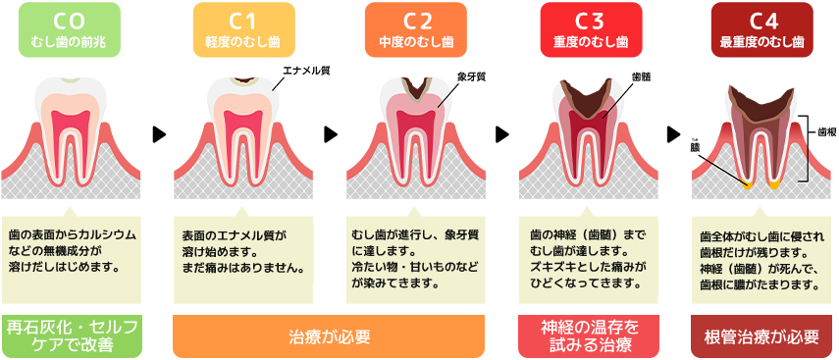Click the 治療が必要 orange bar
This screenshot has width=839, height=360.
(330, 336)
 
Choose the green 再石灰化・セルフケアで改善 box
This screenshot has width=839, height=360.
(72, 335)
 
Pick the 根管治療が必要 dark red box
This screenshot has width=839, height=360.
(761, 336)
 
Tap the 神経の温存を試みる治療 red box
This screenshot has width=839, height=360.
(590, 335)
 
